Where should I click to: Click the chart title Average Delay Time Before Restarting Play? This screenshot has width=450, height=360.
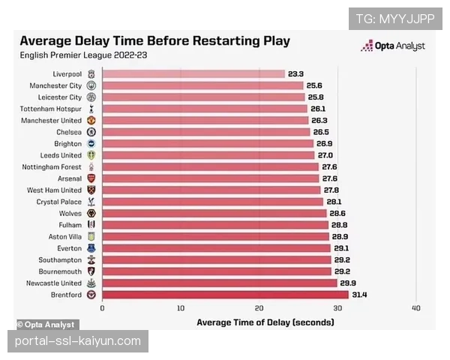pos(154,41)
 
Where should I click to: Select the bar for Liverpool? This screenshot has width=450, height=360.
pos(193,74)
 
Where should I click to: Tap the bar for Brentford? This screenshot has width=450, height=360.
pos(225,295)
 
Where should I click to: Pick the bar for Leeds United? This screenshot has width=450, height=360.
pos(208,155)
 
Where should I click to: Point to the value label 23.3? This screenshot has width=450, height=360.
pos(295,74)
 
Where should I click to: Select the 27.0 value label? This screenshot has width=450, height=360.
pos(325,155)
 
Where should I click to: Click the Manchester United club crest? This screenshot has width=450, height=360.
pos(91,121)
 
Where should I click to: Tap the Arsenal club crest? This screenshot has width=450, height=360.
pos(91,178)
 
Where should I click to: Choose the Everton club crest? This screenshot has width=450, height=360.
pos(91,248)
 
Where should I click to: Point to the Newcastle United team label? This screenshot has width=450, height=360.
pos(52,283)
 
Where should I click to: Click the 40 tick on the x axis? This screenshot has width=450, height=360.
pos(415,308)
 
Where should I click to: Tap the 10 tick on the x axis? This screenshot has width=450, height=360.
pos(180,308)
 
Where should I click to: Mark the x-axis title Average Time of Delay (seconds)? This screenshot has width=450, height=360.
pos(265,322)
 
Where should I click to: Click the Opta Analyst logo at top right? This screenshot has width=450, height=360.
pos(394,46)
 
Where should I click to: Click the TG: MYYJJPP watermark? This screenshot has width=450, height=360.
pos(395,18)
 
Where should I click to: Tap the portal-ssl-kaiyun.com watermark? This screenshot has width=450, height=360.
pos(78,341)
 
